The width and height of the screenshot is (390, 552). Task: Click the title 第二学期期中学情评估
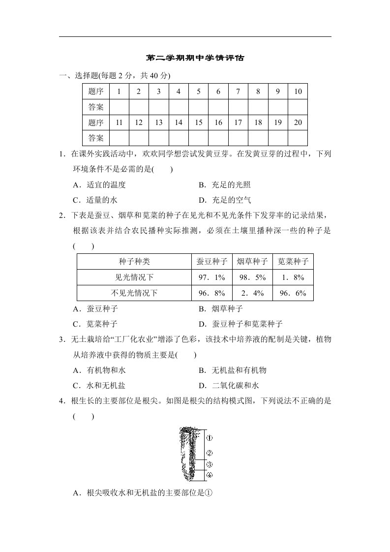click(x=195, y=58)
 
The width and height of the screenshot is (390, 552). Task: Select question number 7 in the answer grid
click(x=238, y=92)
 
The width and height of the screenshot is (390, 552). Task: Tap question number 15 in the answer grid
click(x=198, y=123)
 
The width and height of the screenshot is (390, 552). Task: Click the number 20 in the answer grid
click(x=298, y=123)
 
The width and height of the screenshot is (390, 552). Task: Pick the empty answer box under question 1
click(x=119, y=107)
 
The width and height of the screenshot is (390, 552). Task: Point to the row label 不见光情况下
click(x=134, y=293)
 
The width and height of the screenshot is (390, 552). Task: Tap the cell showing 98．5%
click(x=252, y=277)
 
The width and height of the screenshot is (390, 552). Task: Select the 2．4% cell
click(x=252, y=293)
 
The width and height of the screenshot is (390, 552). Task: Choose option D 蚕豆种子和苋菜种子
click(x=240, y=324)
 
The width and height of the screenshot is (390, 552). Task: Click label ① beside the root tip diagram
click(x=209, y=437)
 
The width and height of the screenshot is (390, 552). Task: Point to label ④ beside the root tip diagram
click(x=209, y=475)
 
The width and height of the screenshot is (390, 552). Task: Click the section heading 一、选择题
click(x=79, y=76)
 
